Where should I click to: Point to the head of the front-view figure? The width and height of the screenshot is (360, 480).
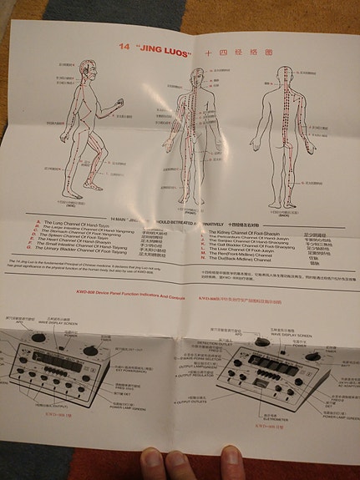[195, 74]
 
